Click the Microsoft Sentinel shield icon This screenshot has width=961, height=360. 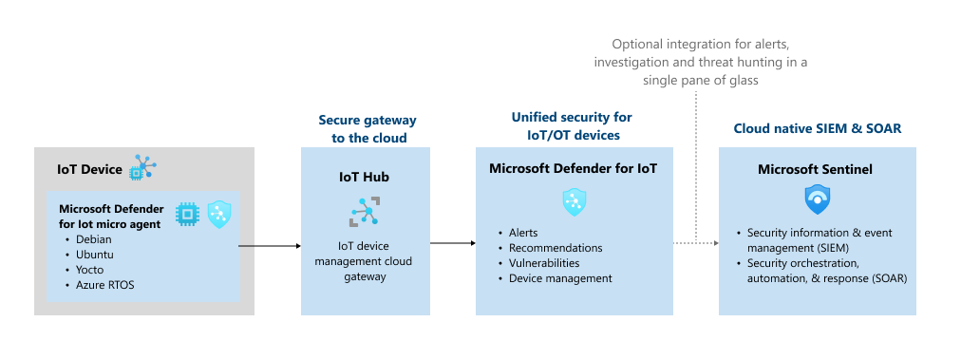[x=817, y=199]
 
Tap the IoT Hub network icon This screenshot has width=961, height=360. [x=366, y=212]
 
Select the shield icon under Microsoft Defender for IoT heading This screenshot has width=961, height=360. [x=575, y=201]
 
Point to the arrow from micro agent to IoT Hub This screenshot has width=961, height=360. [x=270, y=246]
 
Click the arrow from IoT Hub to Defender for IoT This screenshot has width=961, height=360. [x=453, y=243]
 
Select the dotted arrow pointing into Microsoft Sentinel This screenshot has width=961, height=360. [x=696, y=243]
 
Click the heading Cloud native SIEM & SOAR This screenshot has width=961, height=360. [x=818, y=129]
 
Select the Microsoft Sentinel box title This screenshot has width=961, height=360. [x=815, y=169]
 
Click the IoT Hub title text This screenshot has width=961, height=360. [x=364, y=178]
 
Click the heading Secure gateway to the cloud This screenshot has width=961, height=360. [x=367, y=129]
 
